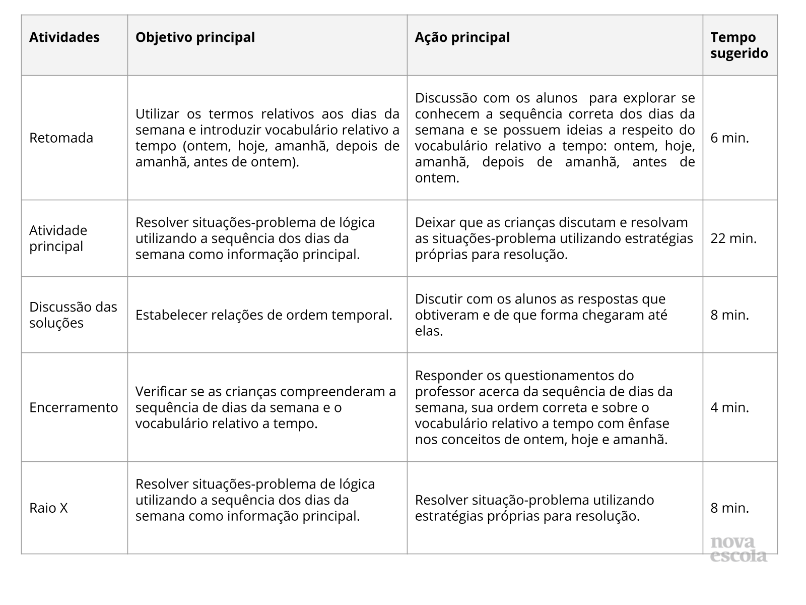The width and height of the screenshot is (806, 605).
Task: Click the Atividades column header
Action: point(64,37)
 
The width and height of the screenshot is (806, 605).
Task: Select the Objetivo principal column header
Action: point(195,37)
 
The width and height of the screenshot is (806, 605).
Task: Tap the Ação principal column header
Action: point(462,37)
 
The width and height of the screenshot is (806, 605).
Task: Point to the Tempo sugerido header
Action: point(739,45)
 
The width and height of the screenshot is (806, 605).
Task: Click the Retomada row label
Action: point(61,138)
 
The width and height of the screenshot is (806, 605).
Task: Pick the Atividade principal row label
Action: point(58,238)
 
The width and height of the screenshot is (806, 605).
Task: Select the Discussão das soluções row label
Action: point(73,315)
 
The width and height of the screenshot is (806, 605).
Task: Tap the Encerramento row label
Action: point(74,407)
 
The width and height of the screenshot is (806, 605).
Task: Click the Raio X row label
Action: point(48,508)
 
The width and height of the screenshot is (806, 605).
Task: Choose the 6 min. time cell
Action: point(729,138)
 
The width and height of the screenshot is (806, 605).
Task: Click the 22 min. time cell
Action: point(733,238)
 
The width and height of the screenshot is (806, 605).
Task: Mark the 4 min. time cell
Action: point(729,407)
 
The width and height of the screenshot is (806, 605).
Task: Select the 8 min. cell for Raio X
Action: point(729,508)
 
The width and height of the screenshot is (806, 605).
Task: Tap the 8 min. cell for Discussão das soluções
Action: point(729,315)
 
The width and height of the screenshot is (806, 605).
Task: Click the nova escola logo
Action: point(738,549)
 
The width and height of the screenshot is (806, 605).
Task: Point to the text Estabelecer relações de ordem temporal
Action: point(263,315)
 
